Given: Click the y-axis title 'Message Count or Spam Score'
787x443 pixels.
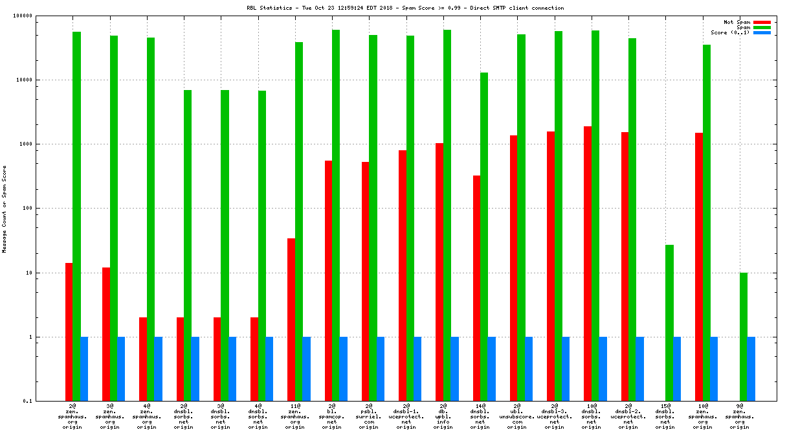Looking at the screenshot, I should click(x=5, y=209).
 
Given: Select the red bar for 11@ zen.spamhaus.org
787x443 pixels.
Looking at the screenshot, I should click(x=291, y=320).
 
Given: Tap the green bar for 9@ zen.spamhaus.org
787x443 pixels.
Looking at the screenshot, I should click(x=744, y=337).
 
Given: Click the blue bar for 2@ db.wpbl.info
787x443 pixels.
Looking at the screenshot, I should click(x=454, y=369).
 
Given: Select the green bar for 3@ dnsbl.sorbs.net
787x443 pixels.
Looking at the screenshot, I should click(x=225, y=245).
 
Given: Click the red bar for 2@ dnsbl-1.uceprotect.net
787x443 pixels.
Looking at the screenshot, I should click(x=403, y=276).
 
